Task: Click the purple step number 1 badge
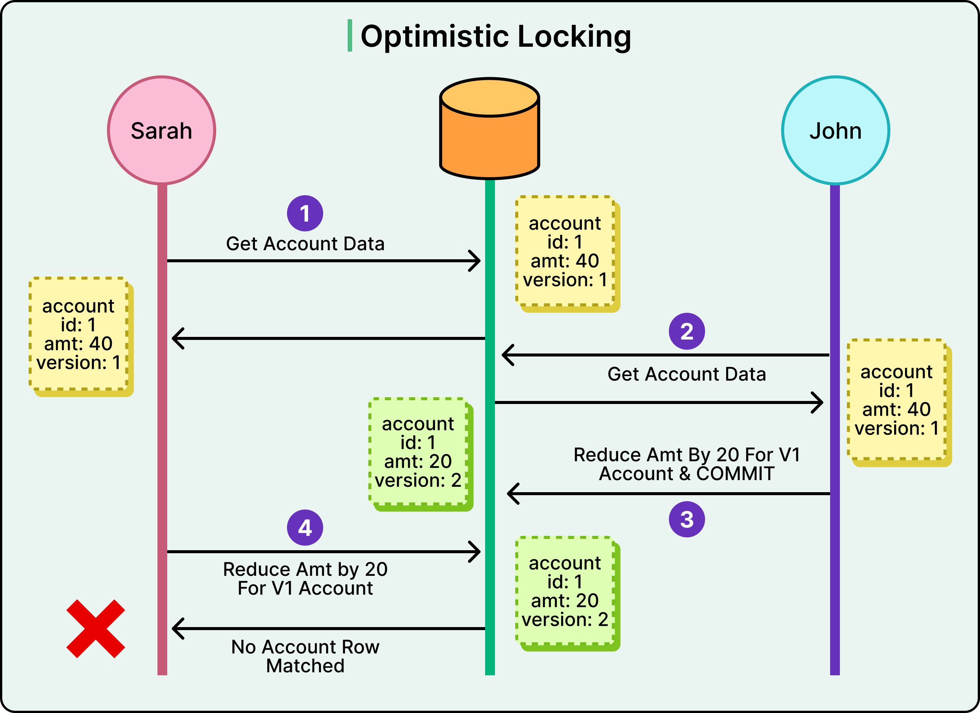pos(305,213)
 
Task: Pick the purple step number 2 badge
pos(687,331)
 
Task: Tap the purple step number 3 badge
pos(687,519)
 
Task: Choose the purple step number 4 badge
pos(305,527)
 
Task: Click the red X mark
pos(96,629)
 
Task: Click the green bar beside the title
pos(350,35)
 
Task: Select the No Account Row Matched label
pos(305,656)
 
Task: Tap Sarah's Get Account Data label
pos(305,244)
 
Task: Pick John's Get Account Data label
pos(687,374)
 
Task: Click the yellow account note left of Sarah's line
pos(79,334)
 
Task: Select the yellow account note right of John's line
pos(897,399)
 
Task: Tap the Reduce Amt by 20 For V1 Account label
pos(305,578)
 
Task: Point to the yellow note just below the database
pos(565,251)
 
